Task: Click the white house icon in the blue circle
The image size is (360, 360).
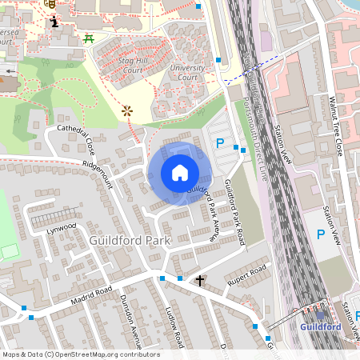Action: coord(180,173)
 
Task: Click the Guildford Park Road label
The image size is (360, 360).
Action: coord(237,207)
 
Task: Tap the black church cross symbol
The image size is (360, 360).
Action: coord(200,281)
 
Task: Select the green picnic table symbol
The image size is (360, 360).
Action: coord(90,38)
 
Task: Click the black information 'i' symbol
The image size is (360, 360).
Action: coord(54,21)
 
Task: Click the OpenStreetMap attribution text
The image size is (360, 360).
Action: coord(80,354)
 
